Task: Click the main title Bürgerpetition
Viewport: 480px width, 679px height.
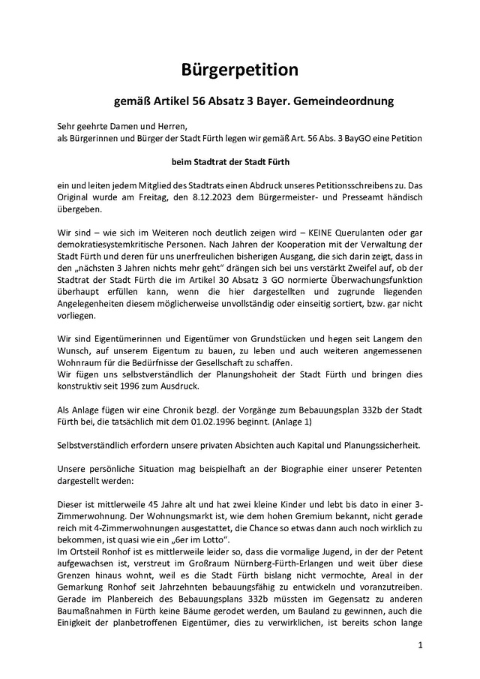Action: pyautogui.click(x=240, y=70)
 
